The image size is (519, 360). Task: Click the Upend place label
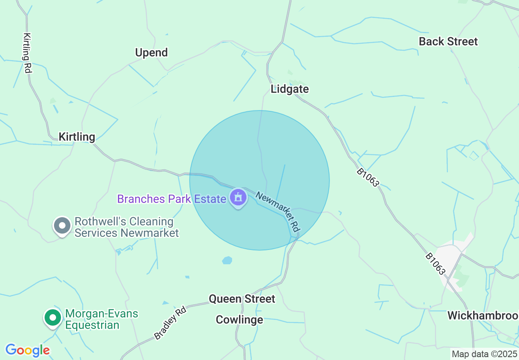[151, 52]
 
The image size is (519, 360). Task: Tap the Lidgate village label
[290, 89]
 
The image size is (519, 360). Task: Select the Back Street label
[448, 41]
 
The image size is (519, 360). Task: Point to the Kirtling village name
[77, 137]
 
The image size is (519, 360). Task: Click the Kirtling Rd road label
[27, 53]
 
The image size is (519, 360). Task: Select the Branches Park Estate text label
[171, 199]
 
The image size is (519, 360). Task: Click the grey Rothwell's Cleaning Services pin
[62, 225]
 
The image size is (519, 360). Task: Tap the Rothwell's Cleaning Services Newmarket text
[126, 227]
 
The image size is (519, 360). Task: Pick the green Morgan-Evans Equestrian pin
[52, 317]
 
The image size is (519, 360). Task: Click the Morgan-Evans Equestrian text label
[102, 319]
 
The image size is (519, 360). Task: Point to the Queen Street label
[242, 299]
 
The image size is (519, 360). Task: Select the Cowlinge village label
[239, 319]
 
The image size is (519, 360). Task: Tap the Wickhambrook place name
[483, 316]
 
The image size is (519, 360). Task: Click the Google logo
[27, 350]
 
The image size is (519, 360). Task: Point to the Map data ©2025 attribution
[484, 354]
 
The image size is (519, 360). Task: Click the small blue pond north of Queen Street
[227, 260]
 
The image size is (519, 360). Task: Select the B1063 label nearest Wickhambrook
[435, 264]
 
